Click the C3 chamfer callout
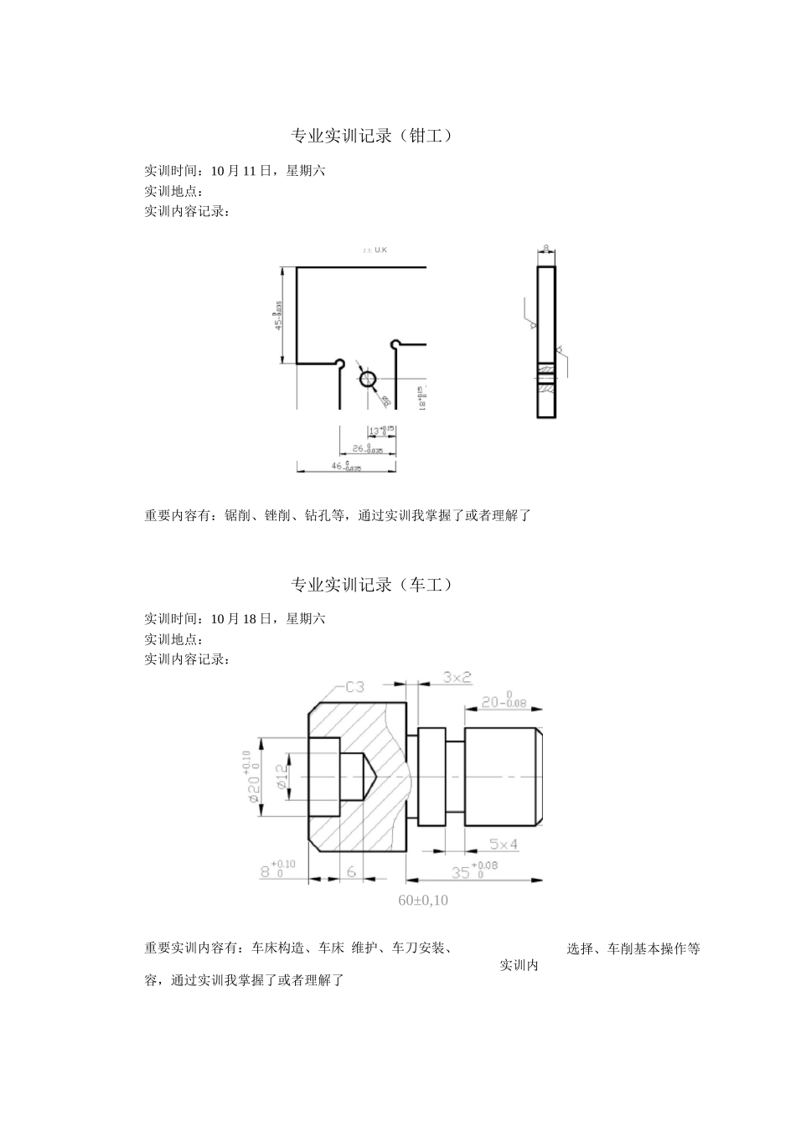(x=354, y=687)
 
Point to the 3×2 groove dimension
(x=457, y=676)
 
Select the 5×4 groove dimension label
(x=504, y=844)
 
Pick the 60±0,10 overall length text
(x=423, y=901)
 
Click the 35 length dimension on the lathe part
(x=462, y=872)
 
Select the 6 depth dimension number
(x=351, y=871)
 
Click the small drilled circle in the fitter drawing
(x=369, y=380)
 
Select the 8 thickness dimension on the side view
(x=546, y=248)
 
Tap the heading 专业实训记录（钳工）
(x=371, y=136)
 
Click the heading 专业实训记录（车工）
(x=371, y=585)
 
